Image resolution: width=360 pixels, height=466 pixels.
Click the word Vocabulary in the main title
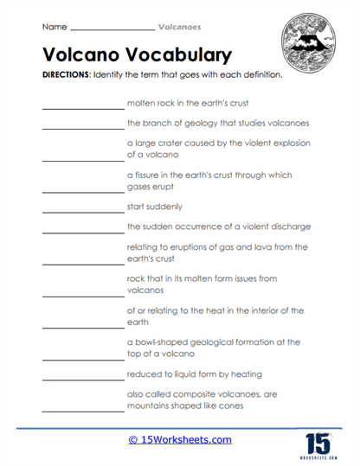click(177, 54)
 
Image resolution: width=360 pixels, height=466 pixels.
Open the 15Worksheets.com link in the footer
click(180, 441)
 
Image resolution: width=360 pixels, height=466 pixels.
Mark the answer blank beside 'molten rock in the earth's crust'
click(82, 108)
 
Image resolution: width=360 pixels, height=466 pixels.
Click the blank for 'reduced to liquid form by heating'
click(82, 378)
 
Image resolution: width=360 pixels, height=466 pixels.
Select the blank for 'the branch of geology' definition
click(82, 128)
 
